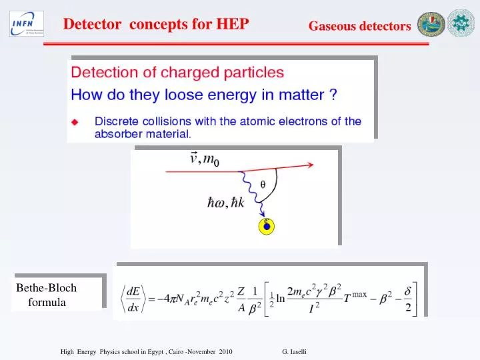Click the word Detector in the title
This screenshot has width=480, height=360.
[x=92, y=25]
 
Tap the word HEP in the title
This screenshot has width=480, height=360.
[x=233, y=25]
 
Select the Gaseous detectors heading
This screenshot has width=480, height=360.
[x=359, y=26]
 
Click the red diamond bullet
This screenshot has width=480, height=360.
[x=75, y=122]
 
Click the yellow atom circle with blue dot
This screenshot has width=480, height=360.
[x=266, y=227]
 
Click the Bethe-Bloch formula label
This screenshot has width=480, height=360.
[x=47, y=295]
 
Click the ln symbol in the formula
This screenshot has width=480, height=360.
[x=281, y=299]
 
